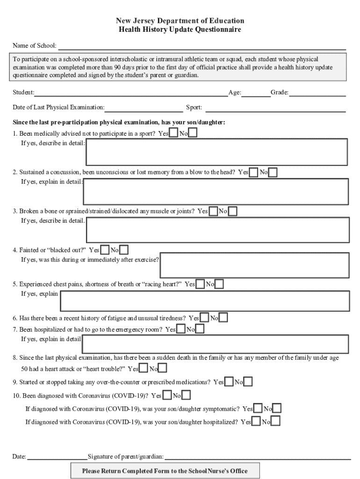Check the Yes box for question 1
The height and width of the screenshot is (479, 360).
pyautogui.click(x=173, y=133)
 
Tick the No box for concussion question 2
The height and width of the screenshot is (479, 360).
pyautogui.click(x=273, y=173)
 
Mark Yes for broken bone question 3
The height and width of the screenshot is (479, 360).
pyautogui.click(x=213, y=211)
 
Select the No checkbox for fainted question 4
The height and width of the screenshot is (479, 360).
pyautogui.click(x=124, y=250)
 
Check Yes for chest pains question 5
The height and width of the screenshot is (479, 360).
pyautogui.click(x=200, y=284)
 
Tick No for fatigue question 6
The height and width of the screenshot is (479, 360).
pyautogui.click(x=223, y=318)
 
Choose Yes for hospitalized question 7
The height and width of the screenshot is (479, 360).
pyautogui.click(x=181, y=329)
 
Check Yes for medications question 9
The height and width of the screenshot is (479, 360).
pyautogui.click(x=229, y=382)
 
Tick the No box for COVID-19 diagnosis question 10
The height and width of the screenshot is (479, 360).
pyautogui.click(x=186, y=396)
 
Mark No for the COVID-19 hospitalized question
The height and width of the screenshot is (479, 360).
pyautogui.click(x=276, y=422)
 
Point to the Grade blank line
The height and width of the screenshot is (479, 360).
pyautogui.click(x=317, y=94)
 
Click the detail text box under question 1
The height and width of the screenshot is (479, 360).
pyautogui.click(x=216, y=152)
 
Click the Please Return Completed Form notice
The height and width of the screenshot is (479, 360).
pyautogui.click(x=165, y=471)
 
